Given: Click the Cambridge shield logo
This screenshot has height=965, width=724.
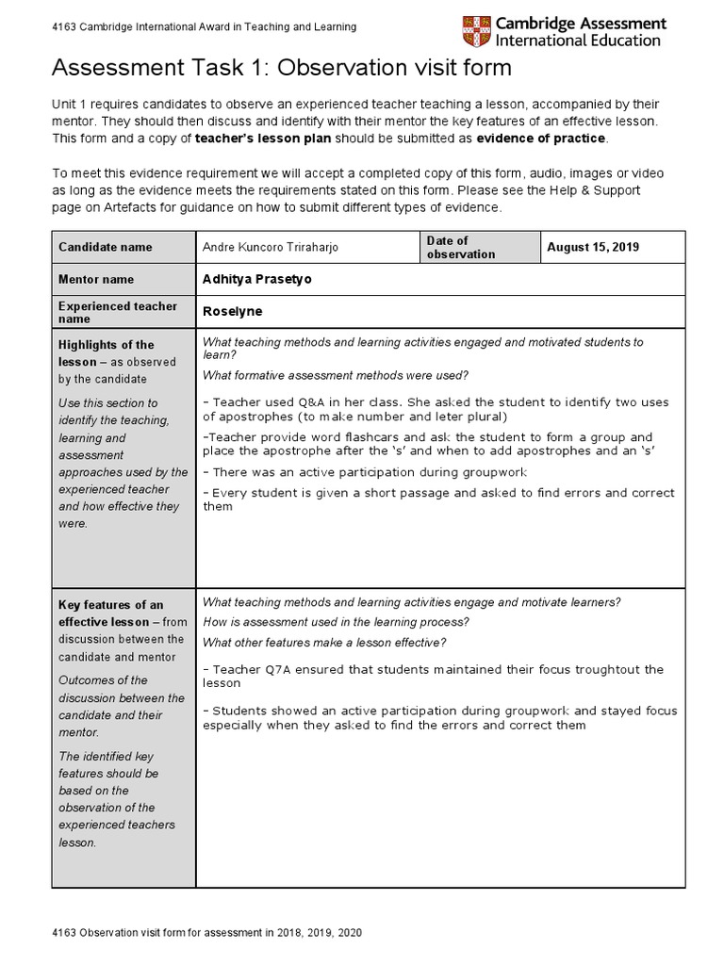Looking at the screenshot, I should (x=476, y=32).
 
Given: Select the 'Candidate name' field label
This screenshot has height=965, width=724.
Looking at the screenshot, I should (x=105, y=247).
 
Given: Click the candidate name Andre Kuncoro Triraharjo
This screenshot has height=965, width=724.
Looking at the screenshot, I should (x=270, y=247).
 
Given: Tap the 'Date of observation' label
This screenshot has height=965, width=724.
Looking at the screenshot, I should (x=460, y=247).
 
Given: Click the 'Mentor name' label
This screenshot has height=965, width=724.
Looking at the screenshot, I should (x=96, y=279).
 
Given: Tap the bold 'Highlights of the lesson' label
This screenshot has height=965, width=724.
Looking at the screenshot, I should (x=106, y=353).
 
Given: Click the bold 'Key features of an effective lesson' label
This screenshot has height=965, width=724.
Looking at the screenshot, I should (x=110, y=613).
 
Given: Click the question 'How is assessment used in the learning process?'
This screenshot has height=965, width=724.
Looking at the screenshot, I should (x=336, y=622).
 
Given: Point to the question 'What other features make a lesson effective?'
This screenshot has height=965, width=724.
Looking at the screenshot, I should (x=324, y=643).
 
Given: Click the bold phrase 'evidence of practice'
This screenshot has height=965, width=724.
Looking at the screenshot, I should (x=542, y=139).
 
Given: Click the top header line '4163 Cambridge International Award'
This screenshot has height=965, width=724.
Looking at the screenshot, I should (x=204, y=27).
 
